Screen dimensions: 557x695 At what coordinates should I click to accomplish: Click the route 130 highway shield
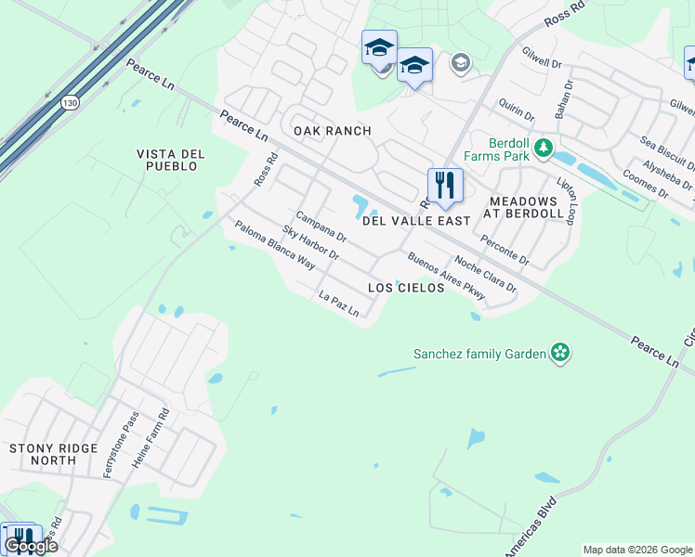[x=70, y=103]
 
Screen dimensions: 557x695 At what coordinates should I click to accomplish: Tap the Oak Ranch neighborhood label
[x=332, y=131]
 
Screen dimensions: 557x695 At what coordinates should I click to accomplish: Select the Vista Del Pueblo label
[x=167, y=160]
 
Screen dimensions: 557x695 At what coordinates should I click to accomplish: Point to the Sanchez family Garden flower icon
[x=559, y=353]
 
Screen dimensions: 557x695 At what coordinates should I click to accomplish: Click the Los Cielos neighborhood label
[x=406, y=288]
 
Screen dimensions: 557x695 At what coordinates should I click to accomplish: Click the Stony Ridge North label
[x=53, y=454]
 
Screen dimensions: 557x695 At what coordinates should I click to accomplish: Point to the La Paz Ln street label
[x=338, y=304]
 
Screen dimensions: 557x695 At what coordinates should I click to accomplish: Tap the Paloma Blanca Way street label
[x=275, y=244]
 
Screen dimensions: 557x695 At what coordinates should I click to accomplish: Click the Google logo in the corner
[x=31, y=546]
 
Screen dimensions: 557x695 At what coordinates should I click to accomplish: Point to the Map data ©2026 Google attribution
[x=637, y=550]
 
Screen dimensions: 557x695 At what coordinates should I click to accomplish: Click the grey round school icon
[x=459, y=63]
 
